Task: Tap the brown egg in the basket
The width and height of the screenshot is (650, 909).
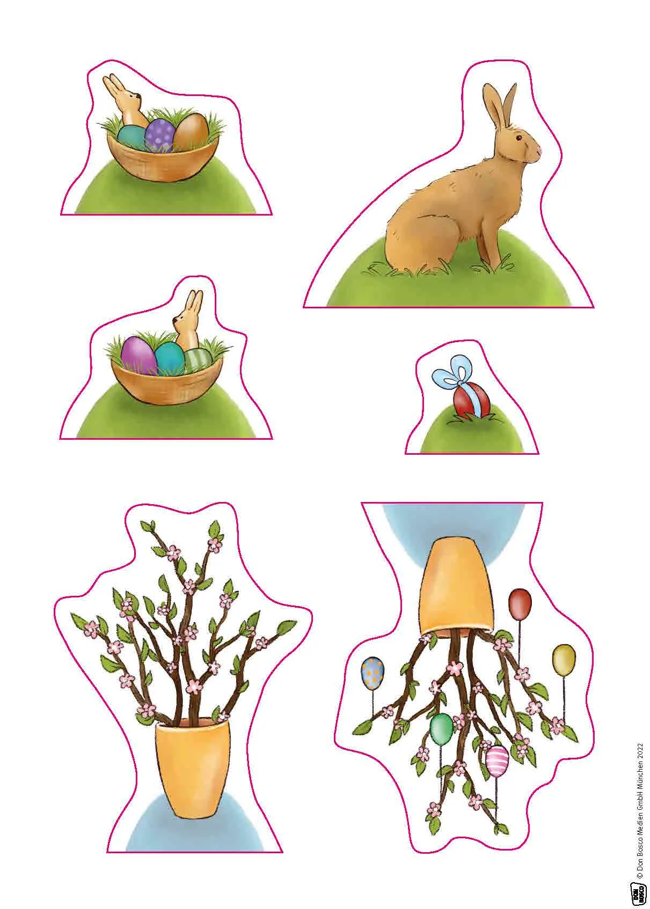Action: pyautogui.click(x=191, y=131)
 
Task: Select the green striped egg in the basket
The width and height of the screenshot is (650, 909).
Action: pyautogui.click(x=198, y=359)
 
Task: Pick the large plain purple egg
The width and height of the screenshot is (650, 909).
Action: pyautogui.click(x=138, y=356)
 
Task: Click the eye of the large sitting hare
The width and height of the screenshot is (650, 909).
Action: pyautogui.click(x=519, y=138)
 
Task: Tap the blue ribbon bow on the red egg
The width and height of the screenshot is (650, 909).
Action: pyautogui.click(x=452, y=370)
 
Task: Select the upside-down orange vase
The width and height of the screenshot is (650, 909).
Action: pyautogui.click(x=457, y=586)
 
